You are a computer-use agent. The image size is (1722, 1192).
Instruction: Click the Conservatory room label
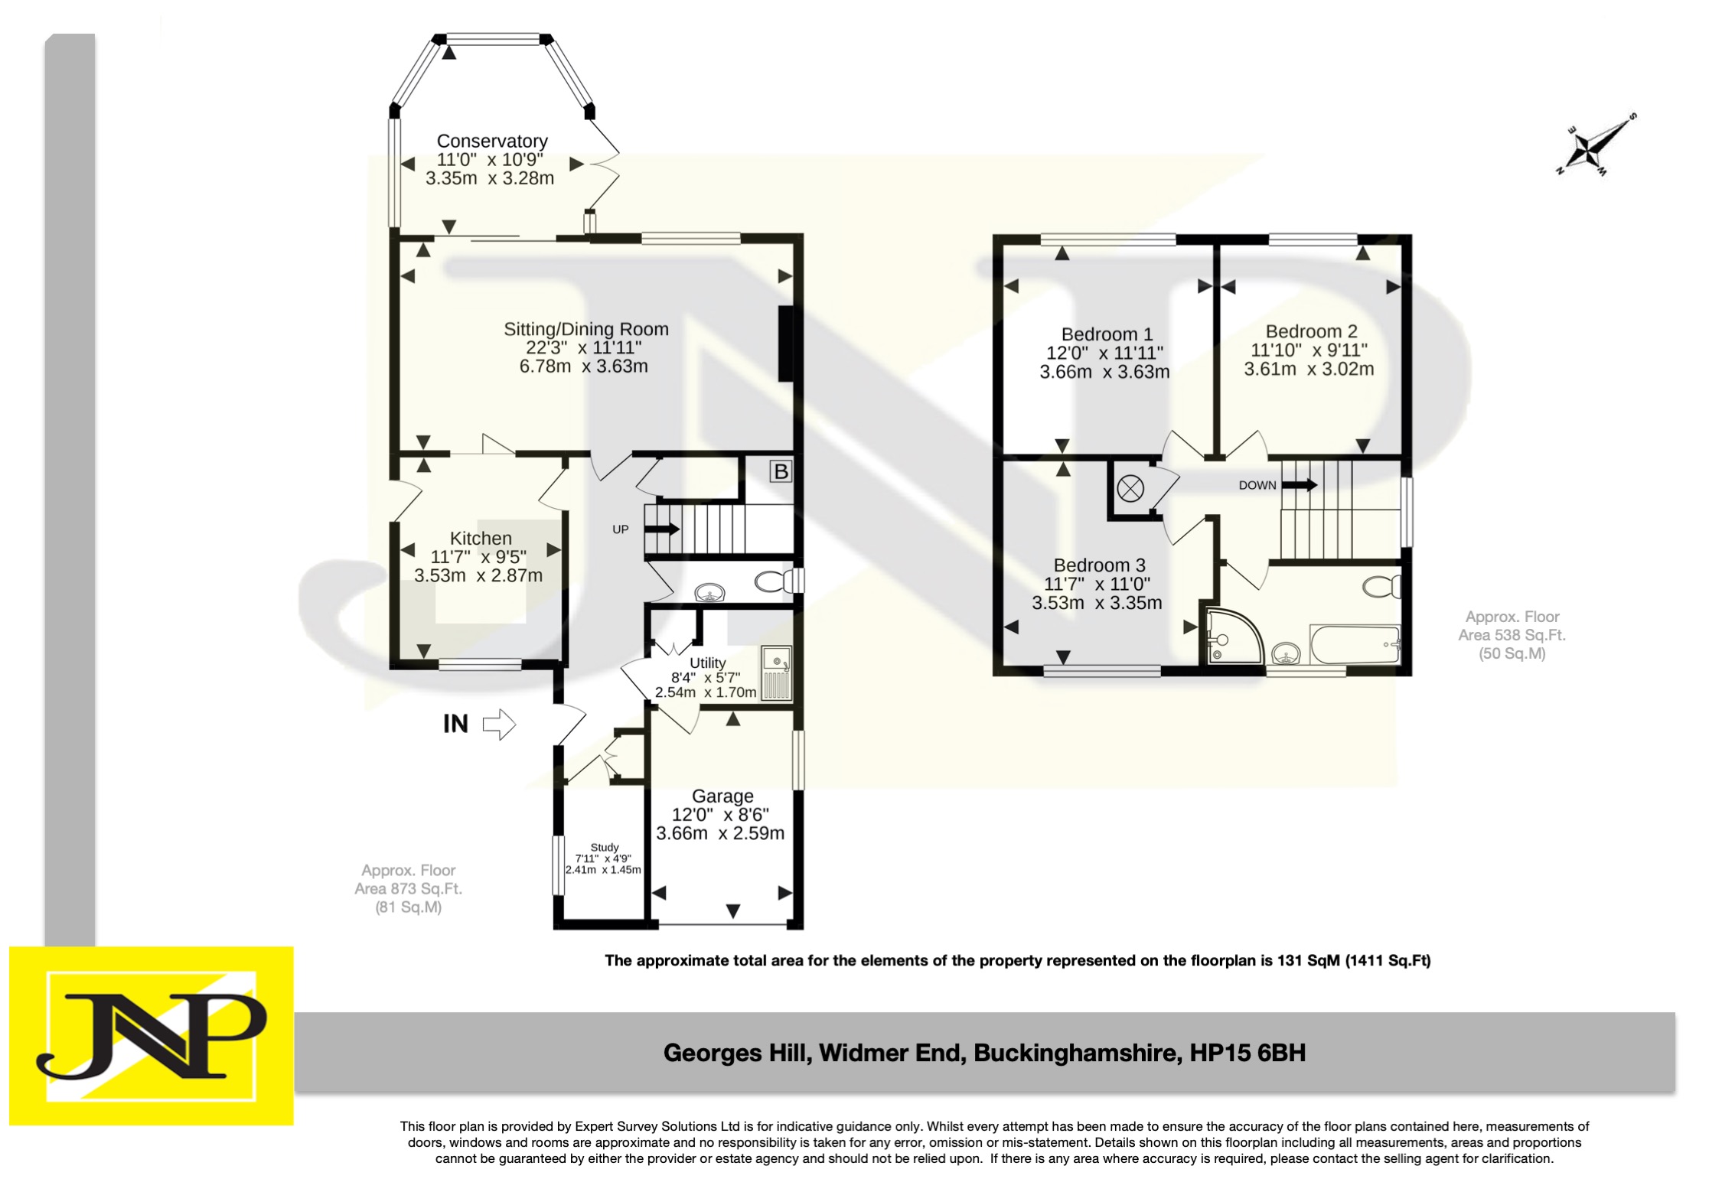click(491, 142)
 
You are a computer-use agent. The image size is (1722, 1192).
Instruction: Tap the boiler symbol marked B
click(781, 471)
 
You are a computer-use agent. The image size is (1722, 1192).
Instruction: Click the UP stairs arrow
click(663, 529)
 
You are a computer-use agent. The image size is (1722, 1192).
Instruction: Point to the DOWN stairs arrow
click(1299, 485)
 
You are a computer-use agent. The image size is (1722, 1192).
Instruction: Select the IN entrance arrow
click(499, 724)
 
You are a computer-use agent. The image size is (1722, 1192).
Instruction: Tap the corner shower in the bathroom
click(1231, 635)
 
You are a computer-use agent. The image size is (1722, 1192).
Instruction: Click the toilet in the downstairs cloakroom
click(771, 582)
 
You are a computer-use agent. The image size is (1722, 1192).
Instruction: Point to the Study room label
click(604, 848)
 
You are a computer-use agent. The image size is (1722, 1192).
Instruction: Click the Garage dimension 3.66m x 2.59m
click(720, 833)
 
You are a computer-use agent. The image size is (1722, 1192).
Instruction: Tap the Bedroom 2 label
click(1311, 331)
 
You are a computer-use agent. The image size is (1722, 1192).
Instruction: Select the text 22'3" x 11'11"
click(583, 348)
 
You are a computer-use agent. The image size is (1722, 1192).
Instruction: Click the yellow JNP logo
click(151, 1035)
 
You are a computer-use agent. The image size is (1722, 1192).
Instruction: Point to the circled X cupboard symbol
click(1130, 487)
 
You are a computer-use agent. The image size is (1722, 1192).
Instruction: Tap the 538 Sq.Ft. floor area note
click(1512, 635)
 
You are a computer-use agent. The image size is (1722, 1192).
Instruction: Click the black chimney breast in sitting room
click(786, 344)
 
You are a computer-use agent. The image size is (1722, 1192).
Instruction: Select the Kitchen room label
click(481, 539)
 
